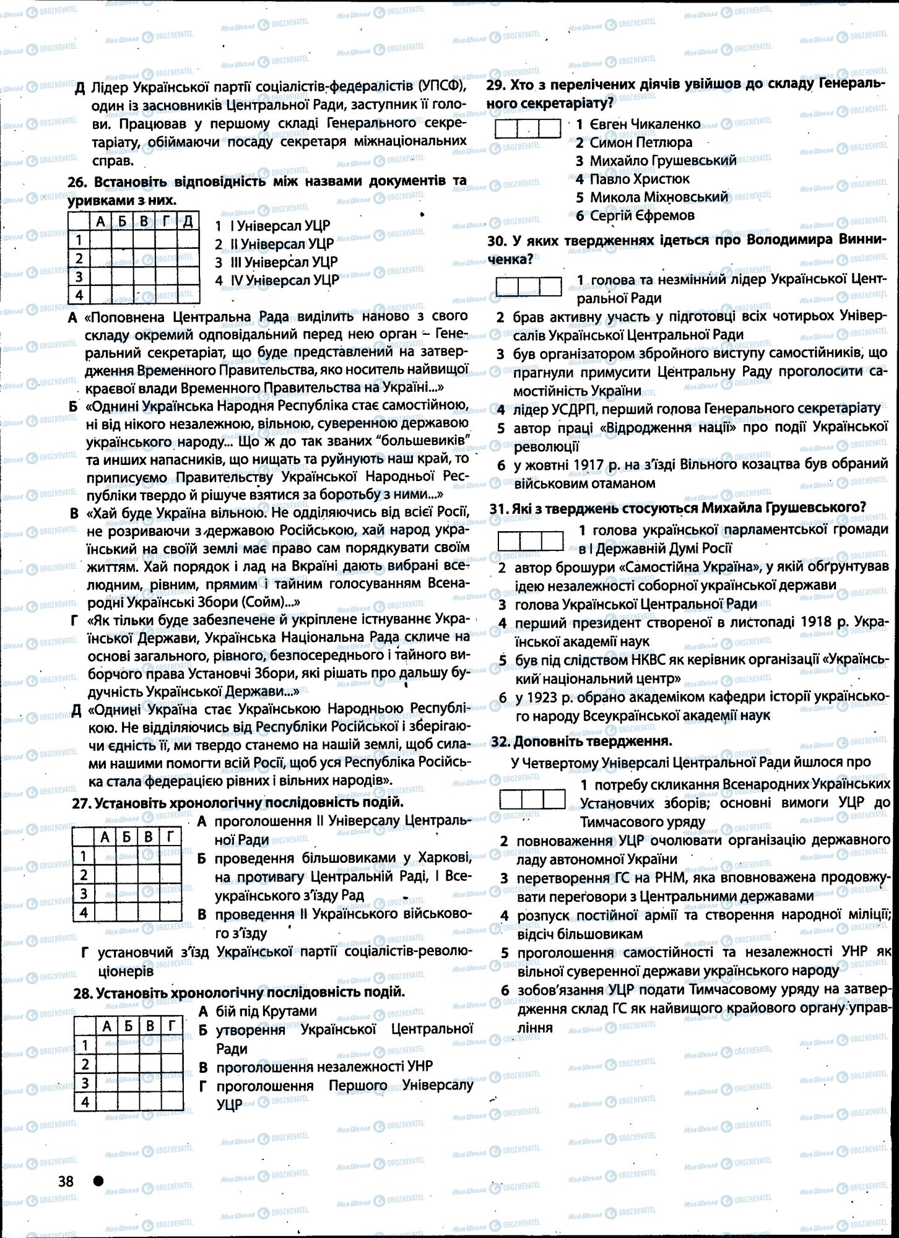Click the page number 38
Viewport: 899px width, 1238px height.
point(65,1181)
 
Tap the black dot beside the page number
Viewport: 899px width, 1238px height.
point(98,1180)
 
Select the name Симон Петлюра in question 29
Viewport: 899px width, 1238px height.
point(641,142)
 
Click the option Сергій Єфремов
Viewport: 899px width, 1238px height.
point(642,215)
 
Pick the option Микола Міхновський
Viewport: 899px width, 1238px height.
point(659,197)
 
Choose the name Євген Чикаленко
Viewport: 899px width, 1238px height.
point(645,124)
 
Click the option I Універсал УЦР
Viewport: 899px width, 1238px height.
point(280,225)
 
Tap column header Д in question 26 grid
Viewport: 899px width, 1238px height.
point(188,221)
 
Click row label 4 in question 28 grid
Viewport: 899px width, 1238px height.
point(85,1102)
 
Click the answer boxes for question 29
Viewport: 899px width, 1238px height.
point(528,128)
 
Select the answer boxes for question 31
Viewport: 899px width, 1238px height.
point(530,540)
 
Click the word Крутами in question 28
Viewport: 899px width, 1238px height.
point(289,1011)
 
